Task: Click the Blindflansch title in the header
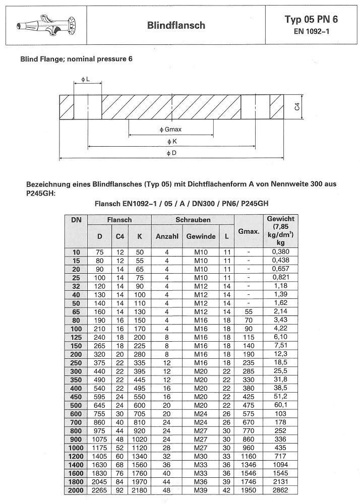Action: click(x=176, y=25)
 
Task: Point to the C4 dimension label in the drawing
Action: click(x=297, y=106)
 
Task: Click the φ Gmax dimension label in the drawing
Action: click(x=171, y=130)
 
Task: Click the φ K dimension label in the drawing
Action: click(x=171, y=142)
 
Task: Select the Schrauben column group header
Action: click(x=193, y=220)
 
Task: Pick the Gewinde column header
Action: click(x=201, y=236)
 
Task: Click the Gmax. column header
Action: click(x=249, y=232)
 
